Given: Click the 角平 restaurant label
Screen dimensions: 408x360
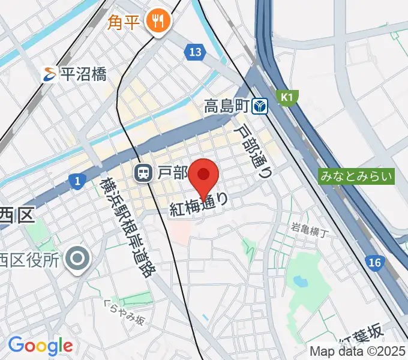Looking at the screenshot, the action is tap(125, 23).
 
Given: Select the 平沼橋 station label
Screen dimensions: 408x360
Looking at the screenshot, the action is tap(83, 75).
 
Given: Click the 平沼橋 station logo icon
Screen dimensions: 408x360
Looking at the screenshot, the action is tap(50, 75).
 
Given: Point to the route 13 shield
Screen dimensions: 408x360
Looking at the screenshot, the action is tap(194, 53).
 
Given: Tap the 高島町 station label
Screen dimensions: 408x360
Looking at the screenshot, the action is tap(226, 107).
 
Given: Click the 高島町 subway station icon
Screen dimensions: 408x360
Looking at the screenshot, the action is tap(260, 107).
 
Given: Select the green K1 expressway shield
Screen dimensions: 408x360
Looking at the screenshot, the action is tap(286, 96).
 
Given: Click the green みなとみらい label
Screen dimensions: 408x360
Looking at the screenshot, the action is tap(357, 176).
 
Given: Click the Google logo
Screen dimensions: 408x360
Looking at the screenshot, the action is tap(41, 345).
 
